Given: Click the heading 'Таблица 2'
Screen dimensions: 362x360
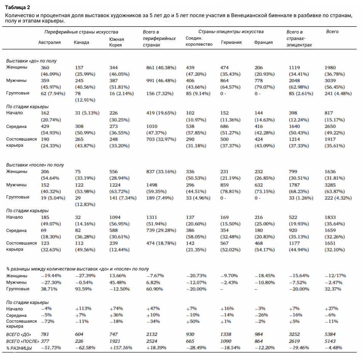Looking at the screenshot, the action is pyautogui.click(x=18, y=7).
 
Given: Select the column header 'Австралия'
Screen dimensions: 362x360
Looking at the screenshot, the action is pyautogui.click(x=49, y=42).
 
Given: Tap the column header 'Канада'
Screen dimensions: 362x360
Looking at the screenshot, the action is pyautogui.click(x=81, y=42).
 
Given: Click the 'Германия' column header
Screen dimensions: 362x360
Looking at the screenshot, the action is pyautogui.click(x=231, y=42).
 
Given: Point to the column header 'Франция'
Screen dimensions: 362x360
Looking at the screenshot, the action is pyautogui.click(x=263, y=42).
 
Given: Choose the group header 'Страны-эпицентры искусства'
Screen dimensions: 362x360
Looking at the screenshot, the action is pyautogui.click(x=231, y=32).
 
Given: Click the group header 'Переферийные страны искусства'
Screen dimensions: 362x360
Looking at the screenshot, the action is pyautogui.click(x=81, y=32).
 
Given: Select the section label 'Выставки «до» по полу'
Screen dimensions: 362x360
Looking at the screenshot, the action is pyautogui.click(x=31, y=61).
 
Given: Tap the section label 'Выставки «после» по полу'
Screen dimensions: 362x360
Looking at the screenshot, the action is pyautogui.click(x=35, y=165).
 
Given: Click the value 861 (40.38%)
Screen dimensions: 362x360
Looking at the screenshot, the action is pyautogui.click(x=161, y=68).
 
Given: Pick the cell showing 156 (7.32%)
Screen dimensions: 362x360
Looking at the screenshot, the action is pyautogui.click(x=160, y=94).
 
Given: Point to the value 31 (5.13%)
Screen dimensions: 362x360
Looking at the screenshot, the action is pyautogui.click(x=87, y=113).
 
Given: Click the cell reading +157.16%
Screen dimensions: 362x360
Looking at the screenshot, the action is pyautogui.click(x=121, y=348).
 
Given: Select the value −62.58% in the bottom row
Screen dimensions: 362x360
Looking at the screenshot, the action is pyautogui.click(x=85, y=348).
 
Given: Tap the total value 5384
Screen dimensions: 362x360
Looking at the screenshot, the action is pyautogui.click(x=330, y=334).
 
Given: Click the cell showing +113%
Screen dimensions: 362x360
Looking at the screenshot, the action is pyautogui.click(x=83, y=309).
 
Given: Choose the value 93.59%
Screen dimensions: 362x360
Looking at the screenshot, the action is pyautogui.click(x=83, y=289).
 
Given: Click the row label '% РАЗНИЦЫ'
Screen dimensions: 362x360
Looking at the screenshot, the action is pyautogui.click(x=19, y=348).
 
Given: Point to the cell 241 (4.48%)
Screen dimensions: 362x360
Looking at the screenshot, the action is pyautogui.click(x=338, y=94).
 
